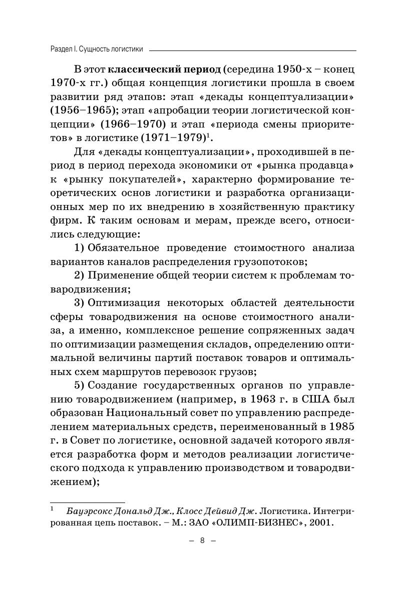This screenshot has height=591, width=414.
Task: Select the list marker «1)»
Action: pyautogui.click(x=80, y=248)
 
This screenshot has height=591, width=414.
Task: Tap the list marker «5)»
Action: pyautogui.click(x=80, y=385)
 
